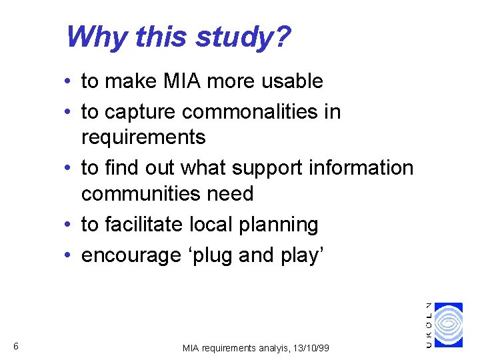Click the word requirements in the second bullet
point(143,137)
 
